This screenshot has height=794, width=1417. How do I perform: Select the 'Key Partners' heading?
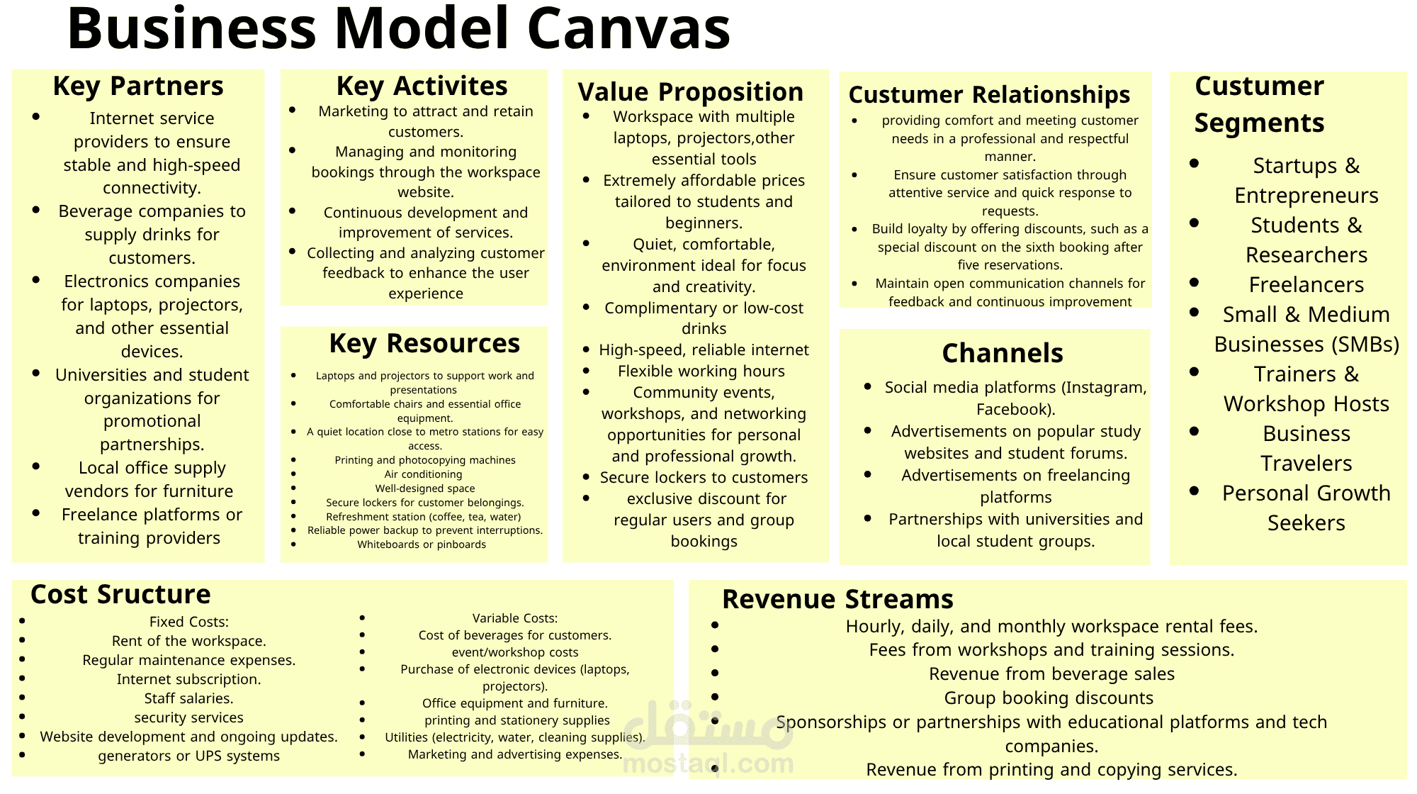138,86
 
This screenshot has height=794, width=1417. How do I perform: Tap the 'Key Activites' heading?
422,86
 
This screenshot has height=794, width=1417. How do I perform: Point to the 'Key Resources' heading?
424,343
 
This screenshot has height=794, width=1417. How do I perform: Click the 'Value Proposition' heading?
690,92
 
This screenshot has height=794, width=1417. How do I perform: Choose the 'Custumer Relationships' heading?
989,94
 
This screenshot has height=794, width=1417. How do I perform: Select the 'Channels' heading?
1002,353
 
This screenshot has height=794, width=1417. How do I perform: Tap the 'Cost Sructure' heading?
120,594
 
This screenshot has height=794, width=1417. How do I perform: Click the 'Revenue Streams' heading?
837,599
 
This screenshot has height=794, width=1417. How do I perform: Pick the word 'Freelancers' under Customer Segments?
1306,285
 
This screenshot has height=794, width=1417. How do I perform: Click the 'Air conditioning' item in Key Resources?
423,474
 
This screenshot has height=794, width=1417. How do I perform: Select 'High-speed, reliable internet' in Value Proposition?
704,350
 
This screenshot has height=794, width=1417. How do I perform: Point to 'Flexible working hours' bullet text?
701,371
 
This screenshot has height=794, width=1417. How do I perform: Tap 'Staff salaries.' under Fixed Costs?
188,698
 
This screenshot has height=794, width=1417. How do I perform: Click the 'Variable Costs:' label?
515,618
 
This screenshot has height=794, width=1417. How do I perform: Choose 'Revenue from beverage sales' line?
1051,674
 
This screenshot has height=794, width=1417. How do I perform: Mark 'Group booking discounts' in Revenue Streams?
1049,698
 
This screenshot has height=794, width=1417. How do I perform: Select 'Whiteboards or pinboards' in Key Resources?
422,544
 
